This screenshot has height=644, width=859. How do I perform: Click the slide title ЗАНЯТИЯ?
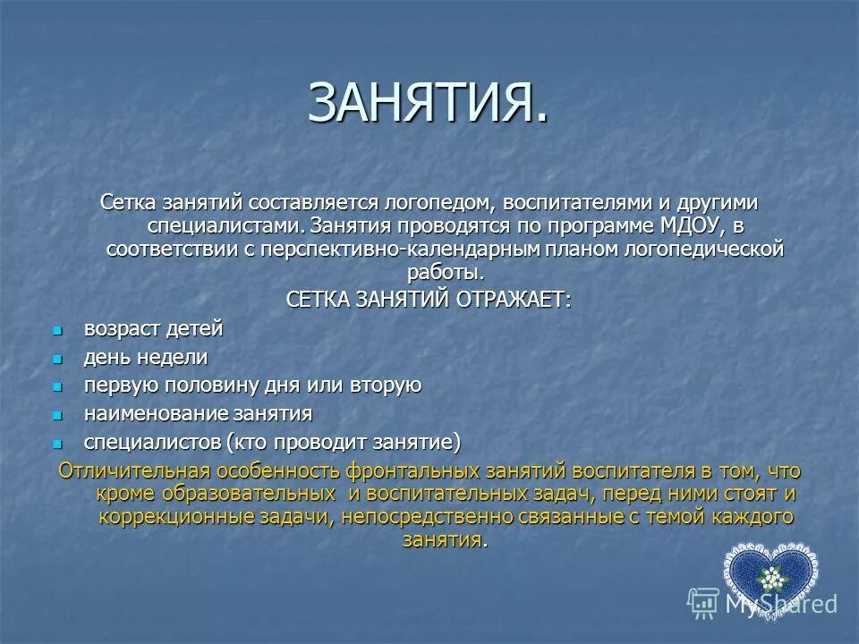(428, 103)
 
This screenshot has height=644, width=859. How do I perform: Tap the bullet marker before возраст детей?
(58, 330)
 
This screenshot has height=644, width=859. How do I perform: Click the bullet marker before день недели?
(58, 359)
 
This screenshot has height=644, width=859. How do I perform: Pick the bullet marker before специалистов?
(58, 443)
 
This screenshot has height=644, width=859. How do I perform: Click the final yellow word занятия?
(443, 540)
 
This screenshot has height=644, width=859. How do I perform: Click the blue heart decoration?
(769, 577)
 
